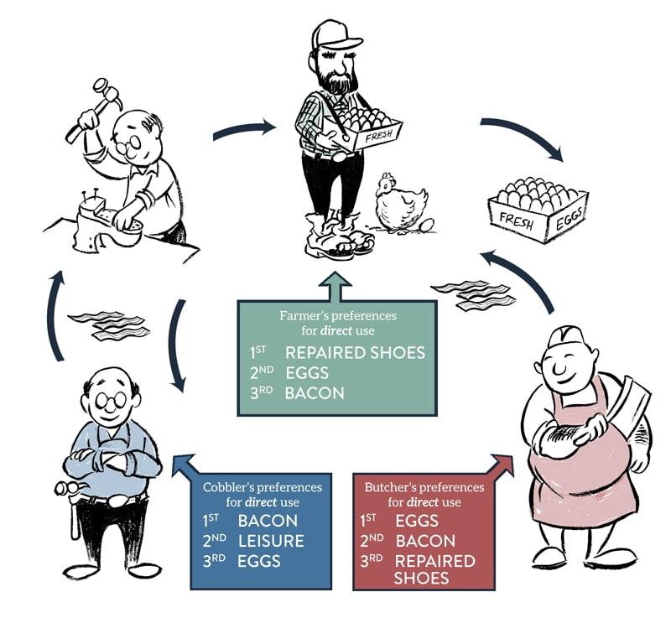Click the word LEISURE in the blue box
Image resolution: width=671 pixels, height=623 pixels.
pos(271,541)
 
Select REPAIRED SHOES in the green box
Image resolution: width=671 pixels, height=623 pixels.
pos(355,352)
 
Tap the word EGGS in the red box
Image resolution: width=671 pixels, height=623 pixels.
pos(417,521)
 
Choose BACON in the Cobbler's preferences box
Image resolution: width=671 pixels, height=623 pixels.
pos(268,521)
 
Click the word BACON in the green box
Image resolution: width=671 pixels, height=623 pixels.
pos(315,392)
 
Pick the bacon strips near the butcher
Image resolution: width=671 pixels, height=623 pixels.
pos(473,294)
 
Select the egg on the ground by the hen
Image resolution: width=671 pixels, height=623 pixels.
pos(427,225)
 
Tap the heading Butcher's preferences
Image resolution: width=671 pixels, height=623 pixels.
pos(424,487)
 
